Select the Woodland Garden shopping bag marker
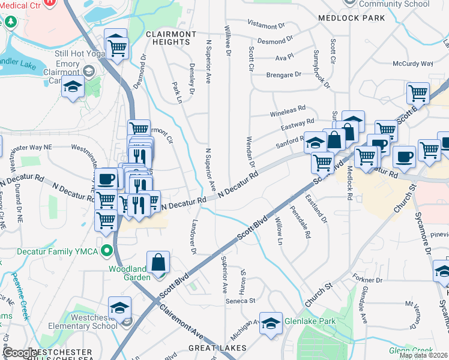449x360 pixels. click(x=158, y=262)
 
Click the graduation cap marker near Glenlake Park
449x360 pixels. click(x=270, y=323)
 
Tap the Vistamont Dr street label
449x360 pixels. click(x=266, y=26)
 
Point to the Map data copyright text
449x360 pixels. click(x=423, y=355)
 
